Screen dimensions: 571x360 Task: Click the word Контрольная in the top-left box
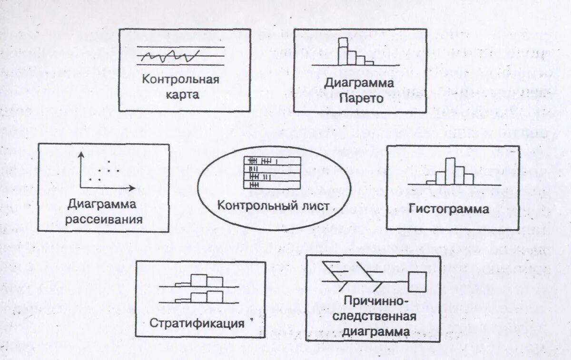(180, 79)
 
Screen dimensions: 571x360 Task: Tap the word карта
(182, 94)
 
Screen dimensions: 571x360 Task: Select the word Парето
(362, 98)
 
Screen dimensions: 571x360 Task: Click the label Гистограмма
(449, 209)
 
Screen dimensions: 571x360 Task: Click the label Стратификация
(197, 323)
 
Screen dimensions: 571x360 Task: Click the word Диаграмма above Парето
(359, 83)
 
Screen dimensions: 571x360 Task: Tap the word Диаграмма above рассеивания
(102, 204)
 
